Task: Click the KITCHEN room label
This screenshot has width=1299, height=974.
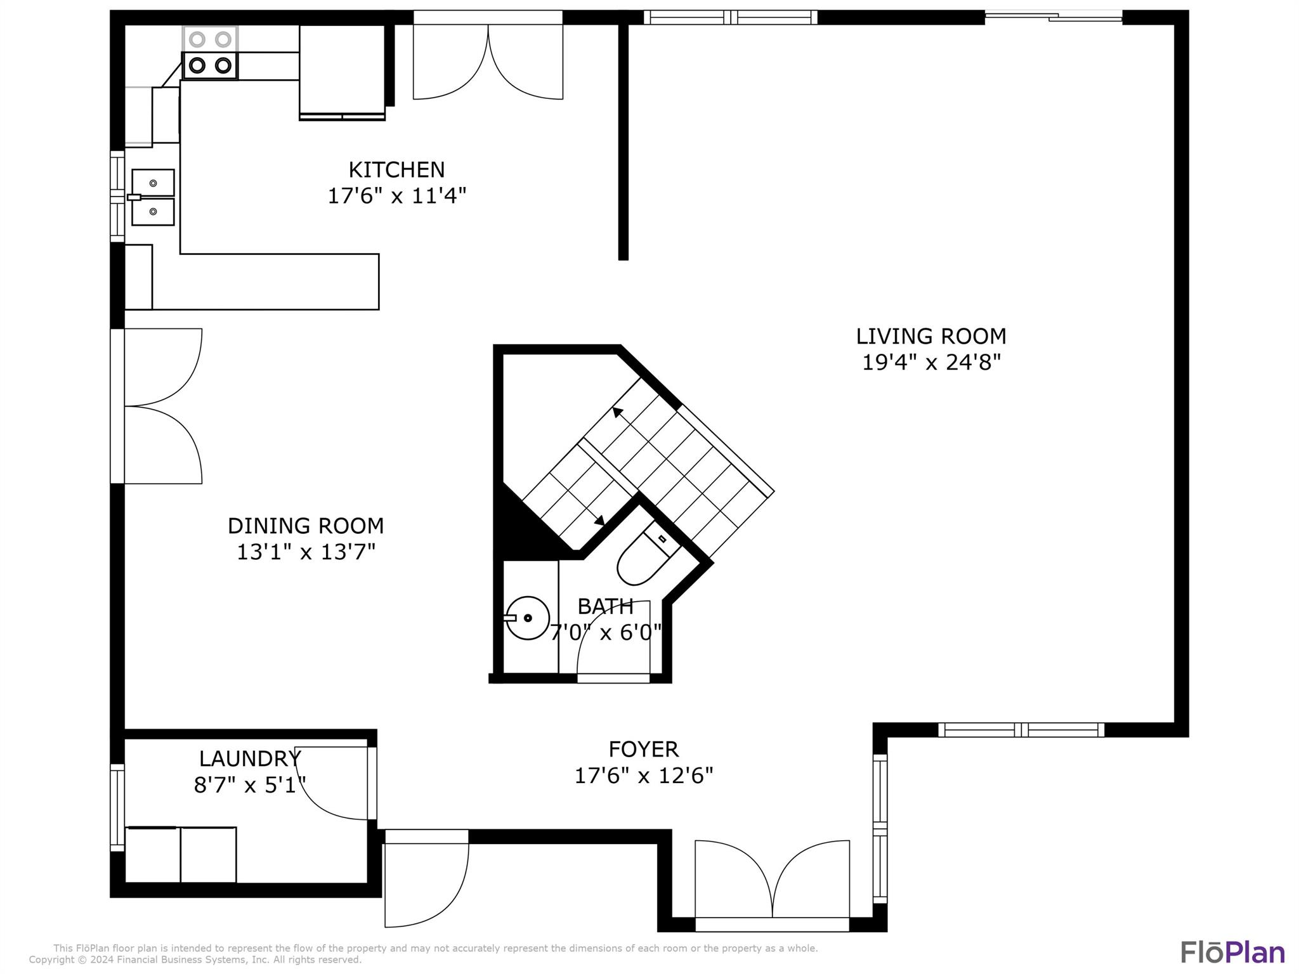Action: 396,170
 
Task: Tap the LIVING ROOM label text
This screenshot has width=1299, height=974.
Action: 931,336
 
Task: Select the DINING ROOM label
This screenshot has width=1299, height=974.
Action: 306,526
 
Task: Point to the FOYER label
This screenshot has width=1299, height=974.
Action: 643,750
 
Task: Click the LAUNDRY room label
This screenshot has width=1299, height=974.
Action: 250,759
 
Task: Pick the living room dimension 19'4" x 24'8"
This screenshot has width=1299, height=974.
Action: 931,363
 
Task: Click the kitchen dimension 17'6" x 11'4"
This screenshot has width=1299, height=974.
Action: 396,196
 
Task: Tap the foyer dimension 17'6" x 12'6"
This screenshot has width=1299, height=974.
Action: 643,776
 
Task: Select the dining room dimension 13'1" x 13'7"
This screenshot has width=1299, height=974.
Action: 306,552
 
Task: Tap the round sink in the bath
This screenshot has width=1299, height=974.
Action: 528,618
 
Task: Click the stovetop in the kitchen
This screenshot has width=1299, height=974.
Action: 210,53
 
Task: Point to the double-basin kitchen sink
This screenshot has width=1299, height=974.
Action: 152,197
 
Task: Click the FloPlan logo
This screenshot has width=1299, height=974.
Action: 1232,952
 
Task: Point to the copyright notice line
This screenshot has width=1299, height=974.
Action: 195,960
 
